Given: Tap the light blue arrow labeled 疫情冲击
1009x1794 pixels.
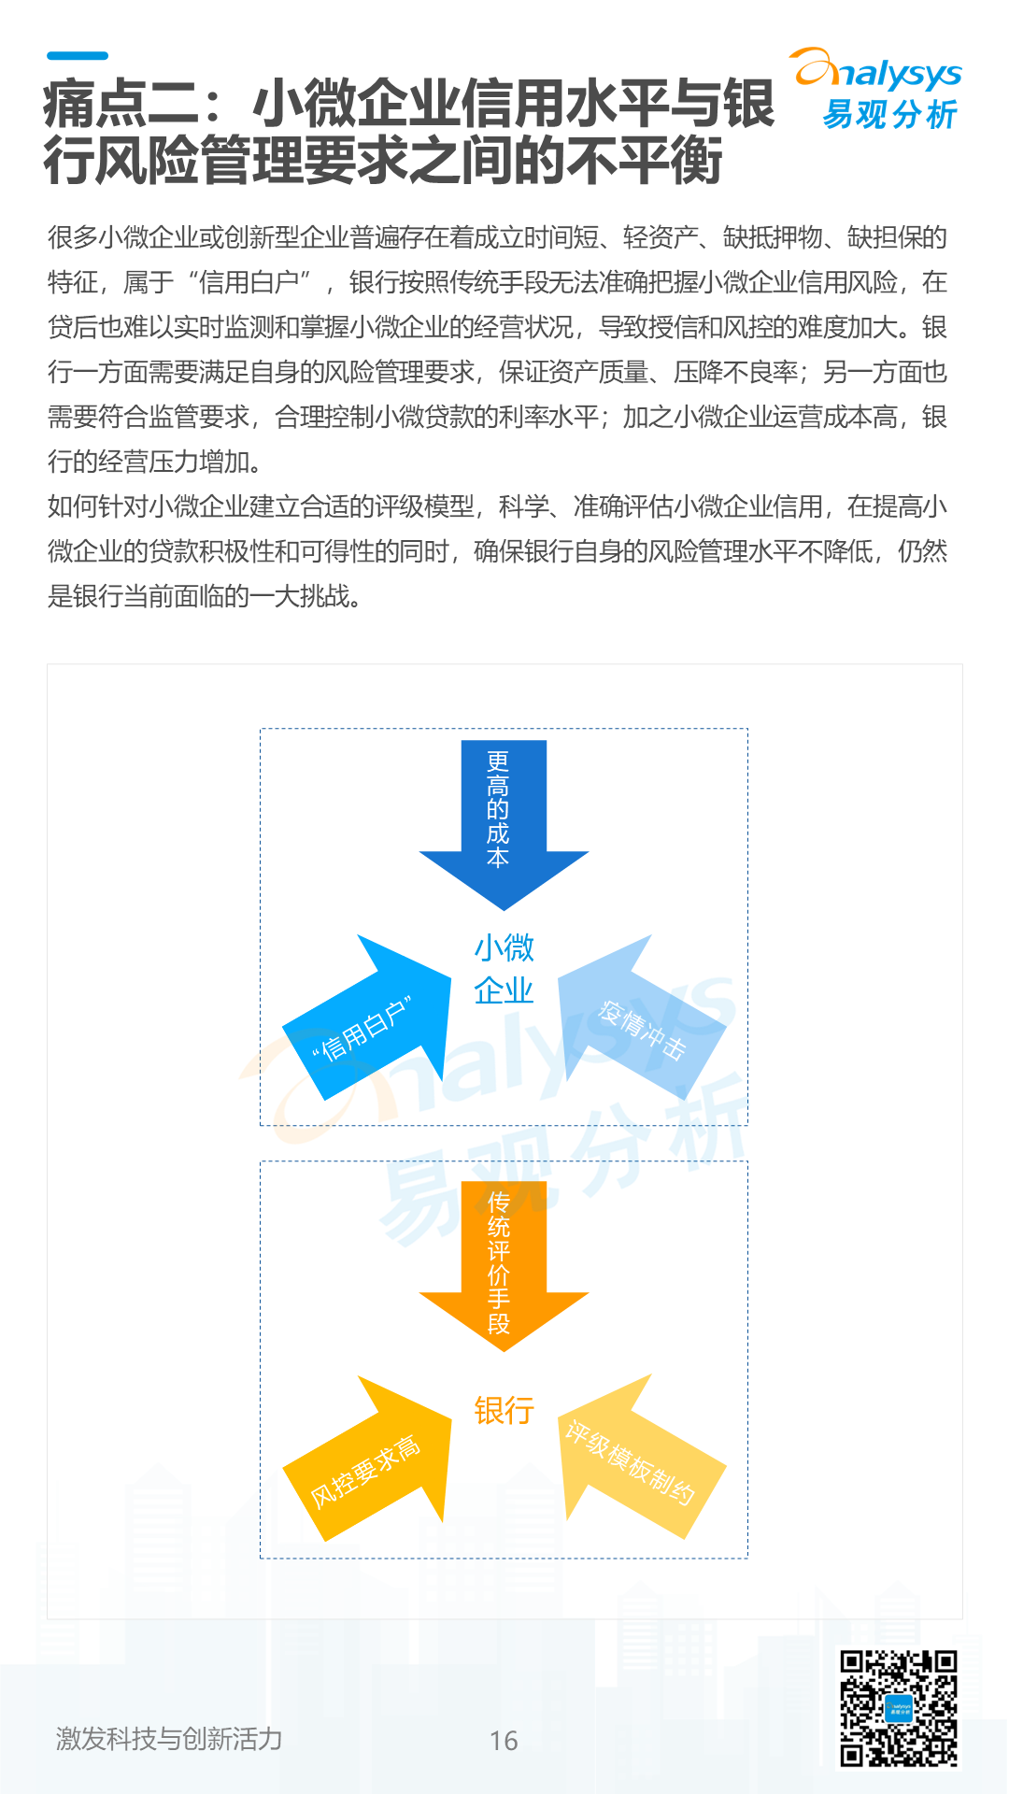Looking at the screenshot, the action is click(640, 1023).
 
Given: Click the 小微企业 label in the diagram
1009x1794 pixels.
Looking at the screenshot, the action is click(504, 969).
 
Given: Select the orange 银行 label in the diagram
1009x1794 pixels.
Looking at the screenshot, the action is click(504, 1410).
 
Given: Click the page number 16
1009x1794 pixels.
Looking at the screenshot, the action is click(504, 1741).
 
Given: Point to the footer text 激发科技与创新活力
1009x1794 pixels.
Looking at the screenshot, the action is click(169, 1739).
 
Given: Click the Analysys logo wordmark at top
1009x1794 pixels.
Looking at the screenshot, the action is click(878, 71).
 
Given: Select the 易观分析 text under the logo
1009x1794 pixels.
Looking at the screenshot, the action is click(889, 115).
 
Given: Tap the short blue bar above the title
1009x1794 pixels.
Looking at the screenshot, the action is click(78, 56).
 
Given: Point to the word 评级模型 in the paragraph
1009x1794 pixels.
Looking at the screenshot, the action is click(425, 506).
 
